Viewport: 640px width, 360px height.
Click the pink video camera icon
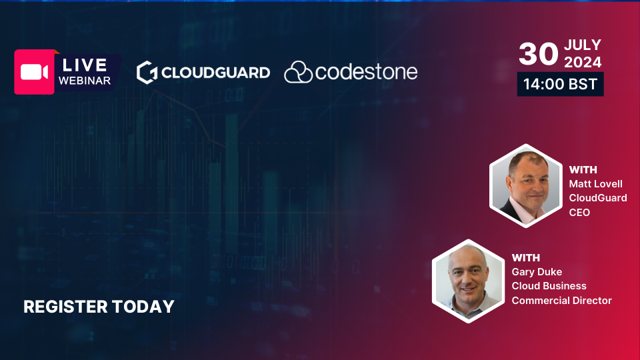pos(34,72)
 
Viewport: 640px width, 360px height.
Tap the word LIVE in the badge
pos(85,65)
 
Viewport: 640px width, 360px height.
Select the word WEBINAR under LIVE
pos(85,81)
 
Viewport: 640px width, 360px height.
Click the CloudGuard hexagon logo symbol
pos(147,73)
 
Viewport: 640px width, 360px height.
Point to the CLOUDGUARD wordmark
pos(215,73)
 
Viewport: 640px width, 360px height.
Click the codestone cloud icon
pos(299,72)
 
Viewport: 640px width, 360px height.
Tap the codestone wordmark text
pos(366,72)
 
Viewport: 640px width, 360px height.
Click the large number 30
pos(539,54)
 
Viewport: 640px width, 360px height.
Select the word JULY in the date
pos(583,45)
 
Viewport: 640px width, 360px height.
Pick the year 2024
pos(583,62)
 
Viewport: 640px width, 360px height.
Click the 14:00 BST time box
pos(561,84)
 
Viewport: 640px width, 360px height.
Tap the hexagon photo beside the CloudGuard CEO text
pos(526,186)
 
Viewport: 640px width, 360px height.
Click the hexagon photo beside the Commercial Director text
pos(468,281)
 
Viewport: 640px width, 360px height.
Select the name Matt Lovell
pos(595,184)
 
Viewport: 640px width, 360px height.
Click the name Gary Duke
pos(537,272)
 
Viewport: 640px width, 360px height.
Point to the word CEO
pos(579,212)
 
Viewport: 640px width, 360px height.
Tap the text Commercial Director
pos(561,301)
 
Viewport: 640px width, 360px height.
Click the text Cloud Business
pos(549,286)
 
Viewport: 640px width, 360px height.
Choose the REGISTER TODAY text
pos(99,307)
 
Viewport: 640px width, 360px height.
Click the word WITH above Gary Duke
pos(526,257)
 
